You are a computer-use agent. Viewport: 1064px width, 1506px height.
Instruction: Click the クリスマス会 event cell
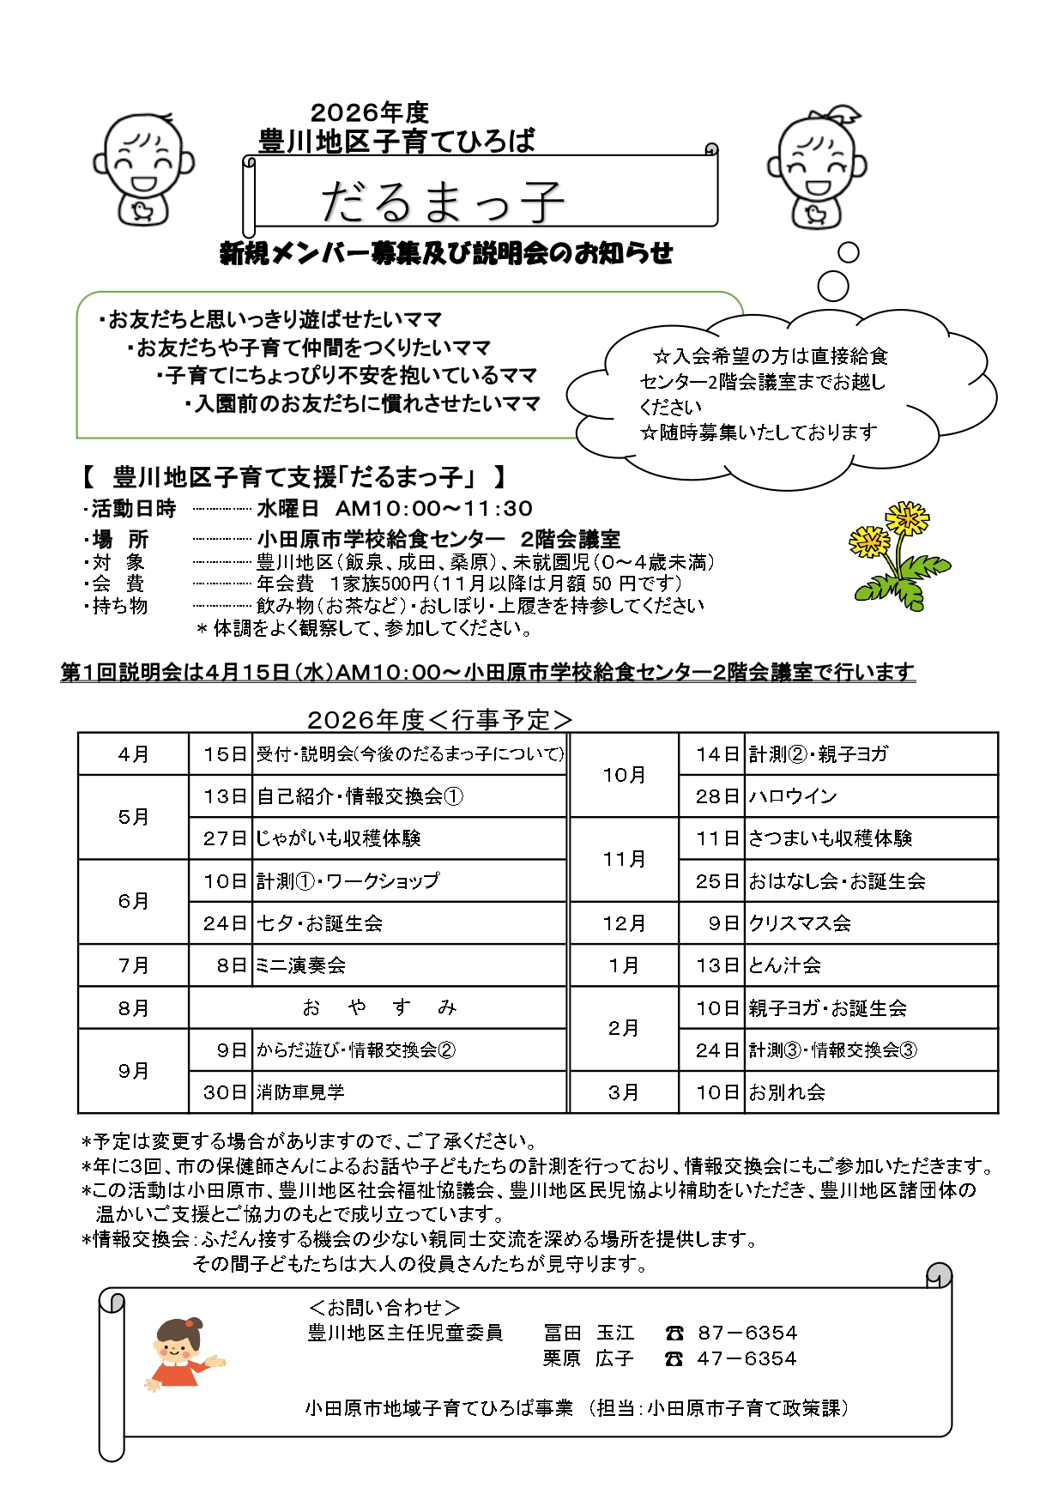tap(800, 923)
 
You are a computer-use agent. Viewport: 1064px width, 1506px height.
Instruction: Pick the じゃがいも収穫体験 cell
tap(339, 838)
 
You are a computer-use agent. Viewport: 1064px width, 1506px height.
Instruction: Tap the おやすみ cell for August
tap(378, 1007)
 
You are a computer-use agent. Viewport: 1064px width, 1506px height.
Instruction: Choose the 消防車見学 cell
tap(300, 1092)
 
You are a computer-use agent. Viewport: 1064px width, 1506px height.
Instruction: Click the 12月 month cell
tap(624, 923)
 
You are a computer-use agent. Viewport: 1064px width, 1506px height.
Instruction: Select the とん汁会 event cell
tap(784, 965)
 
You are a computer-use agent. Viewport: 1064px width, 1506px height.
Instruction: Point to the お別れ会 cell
tap(787, 1092)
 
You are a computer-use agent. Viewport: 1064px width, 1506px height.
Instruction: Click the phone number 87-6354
tap(747, 1333)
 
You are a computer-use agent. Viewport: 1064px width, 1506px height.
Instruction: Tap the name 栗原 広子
tap(588, 1358)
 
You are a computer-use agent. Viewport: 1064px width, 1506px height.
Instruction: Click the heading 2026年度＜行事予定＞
tap(439, 719)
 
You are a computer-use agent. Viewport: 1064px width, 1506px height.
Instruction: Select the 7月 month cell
tap(133, 965)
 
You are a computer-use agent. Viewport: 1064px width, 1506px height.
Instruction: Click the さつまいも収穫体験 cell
tap(830, 838)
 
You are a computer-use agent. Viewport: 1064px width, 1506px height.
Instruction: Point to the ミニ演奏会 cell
tap(301, 965)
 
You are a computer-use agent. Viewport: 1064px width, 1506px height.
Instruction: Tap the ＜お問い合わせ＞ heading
tap(384, 1307)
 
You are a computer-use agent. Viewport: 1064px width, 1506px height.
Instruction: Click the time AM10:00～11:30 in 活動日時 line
tap(433, 509)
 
